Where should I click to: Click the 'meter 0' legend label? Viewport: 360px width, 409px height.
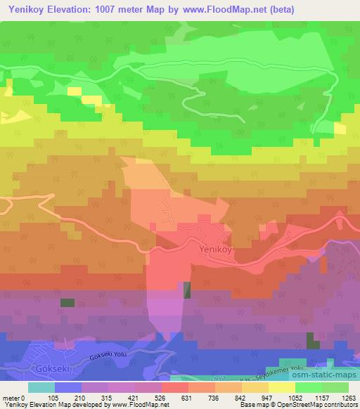[13, 397]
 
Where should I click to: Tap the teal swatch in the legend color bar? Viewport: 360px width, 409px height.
[41, 387]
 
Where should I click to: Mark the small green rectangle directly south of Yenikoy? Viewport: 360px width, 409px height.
[187, 290]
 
